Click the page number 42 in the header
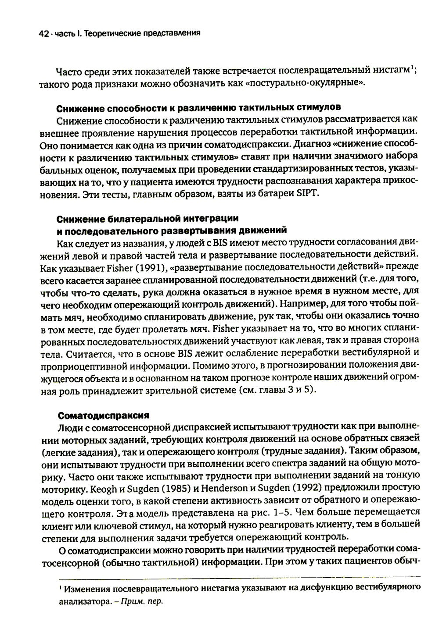(x=43, y=32)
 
